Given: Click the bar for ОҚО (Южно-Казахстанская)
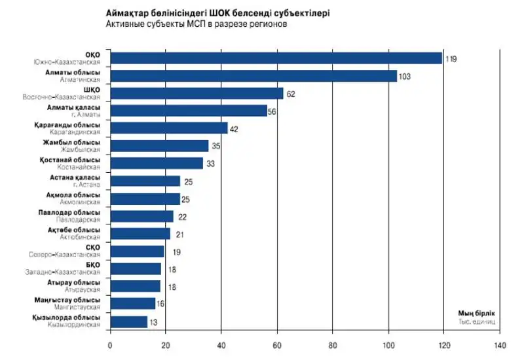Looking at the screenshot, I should [275, 58].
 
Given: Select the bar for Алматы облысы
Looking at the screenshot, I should [253, 76].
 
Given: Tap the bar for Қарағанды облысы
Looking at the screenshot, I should [168, 128].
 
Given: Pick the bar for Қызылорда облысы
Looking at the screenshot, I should [128, 321].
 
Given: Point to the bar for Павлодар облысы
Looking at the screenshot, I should [141, 216].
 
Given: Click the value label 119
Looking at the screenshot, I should [451, 59].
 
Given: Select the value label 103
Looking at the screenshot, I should [404, 77].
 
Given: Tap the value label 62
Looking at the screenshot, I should [291, 94].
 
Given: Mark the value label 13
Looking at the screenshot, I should [155, 322].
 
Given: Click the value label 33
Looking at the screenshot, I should [211, 164].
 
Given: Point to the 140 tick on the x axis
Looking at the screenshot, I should [500, 346].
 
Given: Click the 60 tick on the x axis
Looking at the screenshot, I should [277, 346].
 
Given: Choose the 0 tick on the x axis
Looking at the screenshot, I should [110, 346].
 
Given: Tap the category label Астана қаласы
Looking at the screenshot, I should [75, 177].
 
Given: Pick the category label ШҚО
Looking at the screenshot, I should [92, 90].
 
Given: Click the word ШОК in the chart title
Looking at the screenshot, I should [211, 12].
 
